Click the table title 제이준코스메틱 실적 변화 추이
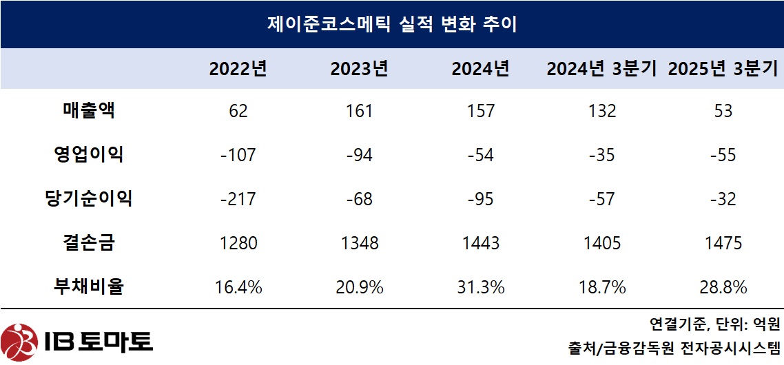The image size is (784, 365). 391,25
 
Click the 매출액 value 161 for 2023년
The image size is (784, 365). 359,111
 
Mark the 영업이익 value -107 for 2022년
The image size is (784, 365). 238,155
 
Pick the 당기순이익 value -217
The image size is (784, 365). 238,199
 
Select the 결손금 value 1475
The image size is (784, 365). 723,243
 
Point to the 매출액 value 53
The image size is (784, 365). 723,111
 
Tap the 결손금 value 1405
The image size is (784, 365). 602,243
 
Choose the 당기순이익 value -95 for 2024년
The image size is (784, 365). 481,199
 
